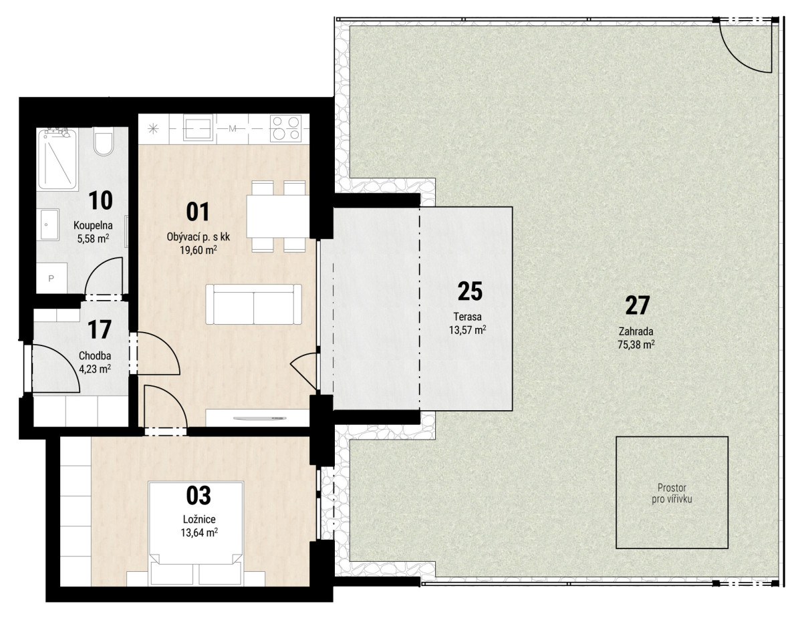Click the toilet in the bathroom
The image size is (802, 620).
coord(103,142)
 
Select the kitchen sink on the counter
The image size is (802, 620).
coord(198,128)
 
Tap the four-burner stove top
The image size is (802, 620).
coord(285,128)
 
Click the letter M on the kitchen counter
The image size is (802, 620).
coord(232,128)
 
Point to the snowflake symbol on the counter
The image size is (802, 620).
coord(152,129)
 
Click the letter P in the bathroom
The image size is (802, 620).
coord(51,279)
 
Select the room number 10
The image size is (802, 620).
coord(100,200)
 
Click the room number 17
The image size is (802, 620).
coord(100,329)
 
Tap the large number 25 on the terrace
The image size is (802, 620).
coord(470,291)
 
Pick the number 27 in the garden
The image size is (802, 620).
coord(638,306)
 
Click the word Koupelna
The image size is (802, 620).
coord(93,225)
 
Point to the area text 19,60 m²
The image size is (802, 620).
coord(198,251)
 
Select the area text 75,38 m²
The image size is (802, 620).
coord(636,345)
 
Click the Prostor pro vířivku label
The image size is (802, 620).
coord(672,494)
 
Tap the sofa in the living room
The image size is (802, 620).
coord(253,304)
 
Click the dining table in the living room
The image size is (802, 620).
coord(278,216)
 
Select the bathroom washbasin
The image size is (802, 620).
coord(49,224)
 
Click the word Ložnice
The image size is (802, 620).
coord(199,519)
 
